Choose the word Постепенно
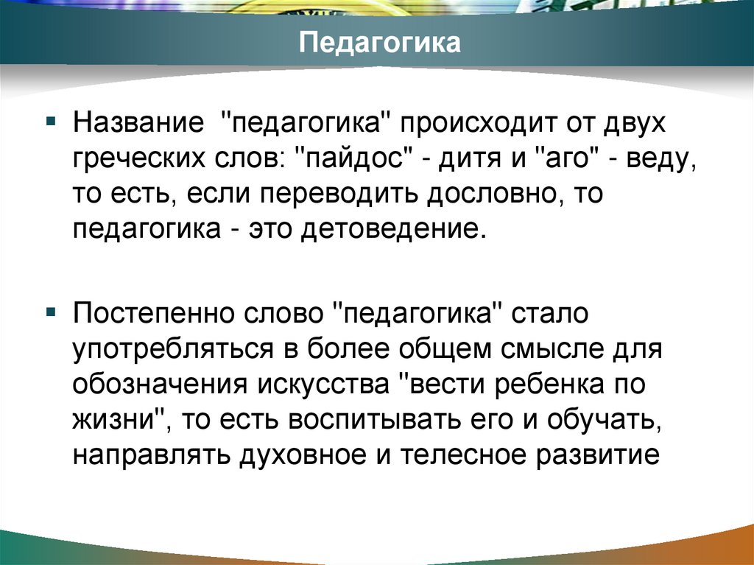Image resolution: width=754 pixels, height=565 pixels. coord(152,315)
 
